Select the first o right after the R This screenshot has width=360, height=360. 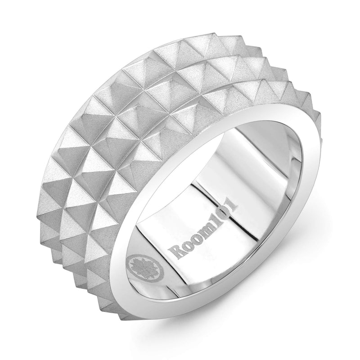click(x=187, y=247)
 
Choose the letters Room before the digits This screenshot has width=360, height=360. click(x=193, y=243)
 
